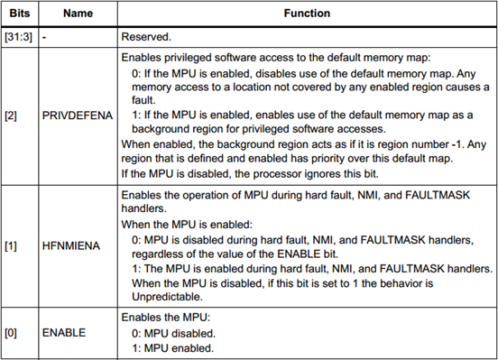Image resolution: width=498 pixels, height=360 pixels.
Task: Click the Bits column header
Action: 19,14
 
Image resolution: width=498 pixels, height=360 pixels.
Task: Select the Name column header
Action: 78,14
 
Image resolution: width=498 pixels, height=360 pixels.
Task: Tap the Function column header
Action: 307,14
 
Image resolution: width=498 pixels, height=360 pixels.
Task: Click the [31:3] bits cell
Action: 18,37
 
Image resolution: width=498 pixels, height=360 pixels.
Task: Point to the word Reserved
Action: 146,37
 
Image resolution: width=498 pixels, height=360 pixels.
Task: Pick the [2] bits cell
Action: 11,115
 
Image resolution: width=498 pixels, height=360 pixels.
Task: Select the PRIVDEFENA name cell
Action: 78,115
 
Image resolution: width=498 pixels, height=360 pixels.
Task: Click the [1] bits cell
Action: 11,246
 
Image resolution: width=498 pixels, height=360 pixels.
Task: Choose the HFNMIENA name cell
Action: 71,246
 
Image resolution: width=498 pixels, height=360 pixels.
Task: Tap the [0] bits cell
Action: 11,333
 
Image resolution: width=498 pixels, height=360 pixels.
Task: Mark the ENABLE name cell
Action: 64,333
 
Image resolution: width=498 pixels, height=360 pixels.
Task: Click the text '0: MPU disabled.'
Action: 173,334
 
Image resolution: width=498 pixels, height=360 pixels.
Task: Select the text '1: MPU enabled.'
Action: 172,348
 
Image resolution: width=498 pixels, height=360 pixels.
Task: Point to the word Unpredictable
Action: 167,297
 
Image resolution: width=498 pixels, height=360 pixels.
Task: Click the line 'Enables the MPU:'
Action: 166,318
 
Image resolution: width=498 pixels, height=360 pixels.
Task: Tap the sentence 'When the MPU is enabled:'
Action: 187,225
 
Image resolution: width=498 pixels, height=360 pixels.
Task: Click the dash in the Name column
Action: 44,38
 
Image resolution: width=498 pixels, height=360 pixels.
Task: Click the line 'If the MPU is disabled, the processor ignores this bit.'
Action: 250,174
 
